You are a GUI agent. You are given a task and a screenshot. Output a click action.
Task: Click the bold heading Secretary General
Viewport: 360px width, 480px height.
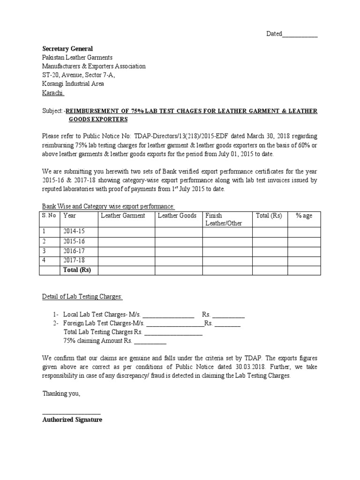click(x=67, y=49)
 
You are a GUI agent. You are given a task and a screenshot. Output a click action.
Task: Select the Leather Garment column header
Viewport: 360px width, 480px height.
click(x=123, y=216)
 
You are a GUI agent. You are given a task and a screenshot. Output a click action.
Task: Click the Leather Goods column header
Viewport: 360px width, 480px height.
click(x=177, y=216)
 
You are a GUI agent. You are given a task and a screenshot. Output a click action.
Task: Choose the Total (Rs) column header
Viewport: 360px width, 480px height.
click(x=269, y=216)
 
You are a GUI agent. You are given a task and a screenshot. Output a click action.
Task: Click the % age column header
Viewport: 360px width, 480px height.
click(x=304, y=216)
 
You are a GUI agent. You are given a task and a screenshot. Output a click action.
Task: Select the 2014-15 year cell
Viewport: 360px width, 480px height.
click(x=74, y=232)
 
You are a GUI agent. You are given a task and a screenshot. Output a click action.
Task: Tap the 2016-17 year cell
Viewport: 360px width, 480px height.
click(x=74, y=251)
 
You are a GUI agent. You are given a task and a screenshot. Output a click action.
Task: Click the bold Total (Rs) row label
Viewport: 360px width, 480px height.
click(x=77, y=270)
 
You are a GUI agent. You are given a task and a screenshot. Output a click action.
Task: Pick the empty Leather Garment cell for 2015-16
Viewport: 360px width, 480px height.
click(x=126, y=241)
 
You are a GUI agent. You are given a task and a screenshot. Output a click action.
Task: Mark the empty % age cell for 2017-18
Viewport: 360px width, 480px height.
click(x=304, y=260)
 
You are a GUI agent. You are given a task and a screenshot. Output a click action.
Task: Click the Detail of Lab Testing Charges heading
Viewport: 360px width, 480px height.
click(x=82, y=297)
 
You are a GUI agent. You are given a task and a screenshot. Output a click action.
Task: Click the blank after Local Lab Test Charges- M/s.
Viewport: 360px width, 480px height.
click(x=168, y=315)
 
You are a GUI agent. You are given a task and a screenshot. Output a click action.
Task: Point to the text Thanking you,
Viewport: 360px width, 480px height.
click(x=61, y=394)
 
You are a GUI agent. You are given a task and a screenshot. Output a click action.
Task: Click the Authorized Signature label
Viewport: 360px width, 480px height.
click(x=72, y=420)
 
